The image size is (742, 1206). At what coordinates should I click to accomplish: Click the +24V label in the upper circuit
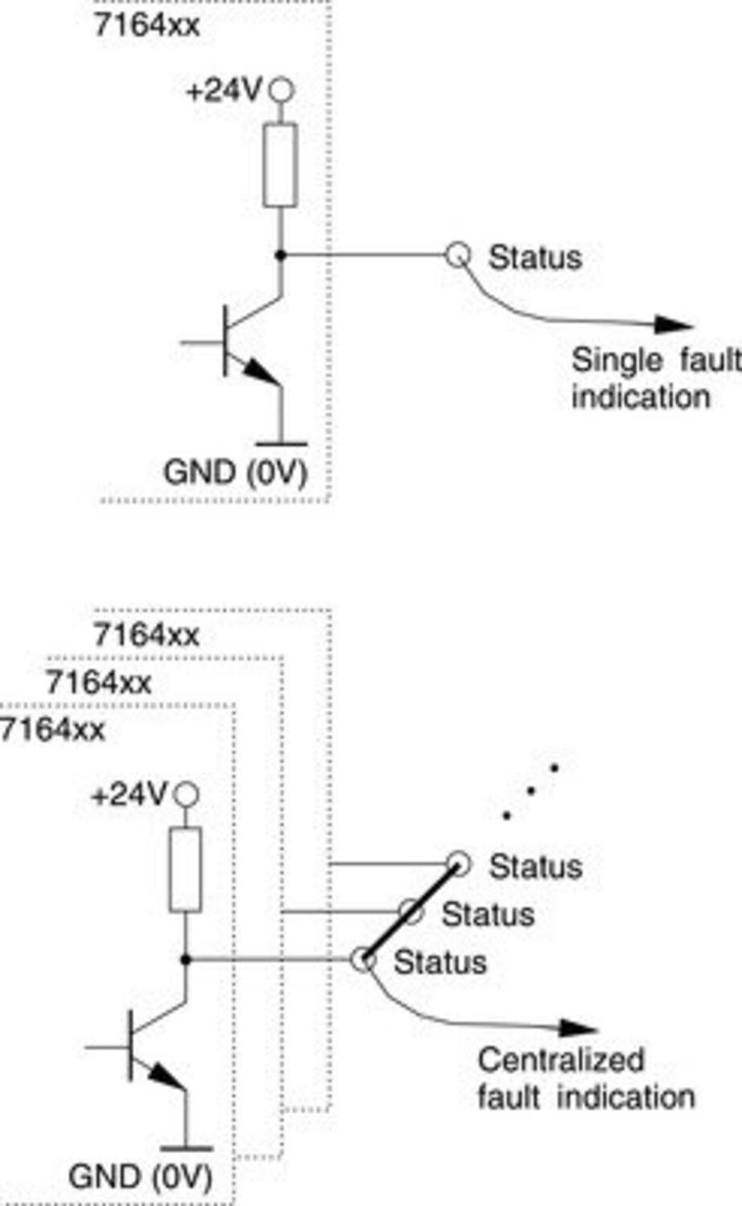[x=223, y=91]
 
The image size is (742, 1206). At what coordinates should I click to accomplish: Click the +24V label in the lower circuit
[x=129, y=796]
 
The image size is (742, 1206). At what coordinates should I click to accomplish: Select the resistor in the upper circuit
[x=280, y=165]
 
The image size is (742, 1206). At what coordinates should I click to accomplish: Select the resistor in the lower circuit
[x=186, y=869]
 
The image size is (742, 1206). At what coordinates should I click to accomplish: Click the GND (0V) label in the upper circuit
[x=235, y=472]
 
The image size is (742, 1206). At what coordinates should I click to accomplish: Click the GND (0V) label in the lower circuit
[x=140, y=1177]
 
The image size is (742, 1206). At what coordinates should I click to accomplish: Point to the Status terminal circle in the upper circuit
[x=457, y=255]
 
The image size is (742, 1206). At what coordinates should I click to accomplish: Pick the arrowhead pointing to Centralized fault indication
[x=580, y=1028]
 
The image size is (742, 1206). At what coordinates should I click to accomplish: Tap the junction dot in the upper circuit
[x=281, y=255]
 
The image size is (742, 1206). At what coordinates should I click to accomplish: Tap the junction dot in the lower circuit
[x=186, y=959]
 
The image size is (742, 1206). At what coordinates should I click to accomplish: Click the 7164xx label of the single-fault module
[x=146, y=25]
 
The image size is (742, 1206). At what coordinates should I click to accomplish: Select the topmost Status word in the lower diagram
[x=535, y=868]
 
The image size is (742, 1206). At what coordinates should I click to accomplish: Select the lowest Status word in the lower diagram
[x=440, y=962]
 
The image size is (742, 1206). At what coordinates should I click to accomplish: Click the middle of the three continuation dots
[x=531, y=791]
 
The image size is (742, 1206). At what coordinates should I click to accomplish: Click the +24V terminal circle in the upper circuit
[x=280, y=90]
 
